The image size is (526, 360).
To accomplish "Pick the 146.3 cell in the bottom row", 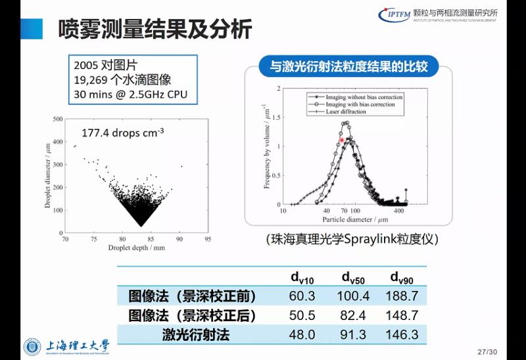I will (x=402, y=334).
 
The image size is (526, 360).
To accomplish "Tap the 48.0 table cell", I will (x=302, y=334).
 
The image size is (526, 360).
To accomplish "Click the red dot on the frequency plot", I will (x=342, y=140).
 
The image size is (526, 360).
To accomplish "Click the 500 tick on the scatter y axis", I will (x=58, y=119).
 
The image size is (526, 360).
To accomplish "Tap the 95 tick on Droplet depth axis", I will (x=208, y=240).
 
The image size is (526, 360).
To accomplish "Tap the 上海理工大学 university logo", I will (x=66, y=346).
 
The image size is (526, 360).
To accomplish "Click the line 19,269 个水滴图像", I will (x=122, y=79).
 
